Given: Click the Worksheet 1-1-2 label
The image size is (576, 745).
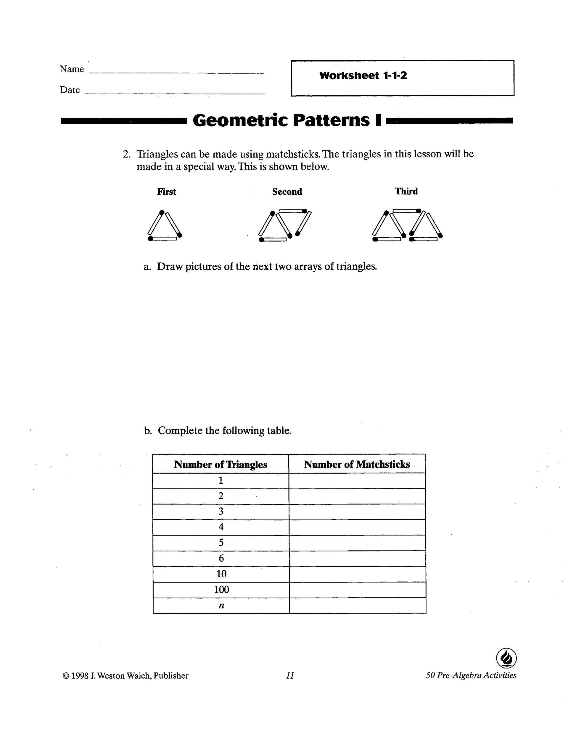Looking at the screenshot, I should pos(363,75).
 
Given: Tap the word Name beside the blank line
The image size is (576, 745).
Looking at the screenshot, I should pos(72,69).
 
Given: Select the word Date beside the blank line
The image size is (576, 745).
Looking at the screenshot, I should pos(70,90).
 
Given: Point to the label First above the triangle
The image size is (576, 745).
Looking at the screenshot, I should pos(167,192).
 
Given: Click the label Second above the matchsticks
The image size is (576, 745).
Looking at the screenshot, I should pos(287,192).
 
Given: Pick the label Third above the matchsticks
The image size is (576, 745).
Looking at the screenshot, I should pos(406,191).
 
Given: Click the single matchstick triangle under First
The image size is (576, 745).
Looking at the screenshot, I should pos(165,226).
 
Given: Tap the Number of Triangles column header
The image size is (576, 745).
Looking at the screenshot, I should pos(221,464).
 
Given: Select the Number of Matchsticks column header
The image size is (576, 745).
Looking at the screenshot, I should pos(357,464).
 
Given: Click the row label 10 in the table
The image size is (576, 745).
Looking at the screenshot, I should pos(221,574).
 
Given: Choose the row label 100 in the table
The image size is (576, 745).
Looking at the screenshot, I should pos(221,589).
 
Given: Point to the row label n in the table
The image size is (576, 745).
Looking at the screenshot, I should pos(221,605).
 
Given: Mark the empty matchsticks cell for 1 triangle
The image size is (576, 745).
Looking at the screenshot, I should pos(357,480).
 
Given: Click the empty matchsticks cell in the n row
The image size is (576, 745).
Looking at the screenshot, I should pos(357,605).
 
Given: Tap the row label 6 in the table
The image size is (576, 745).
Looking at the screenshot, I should pos(221,558).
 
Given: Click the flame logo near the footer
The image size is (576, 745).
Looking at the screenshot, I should pos(506,658).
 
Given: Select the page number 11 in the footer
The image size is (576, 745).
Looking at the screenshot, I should pos(290,675).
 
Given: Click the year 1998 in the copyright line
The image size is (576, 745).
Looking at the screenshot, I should pos(80,676).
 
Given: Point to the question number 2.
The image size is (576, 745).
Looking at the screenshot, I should pos(126,154).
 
